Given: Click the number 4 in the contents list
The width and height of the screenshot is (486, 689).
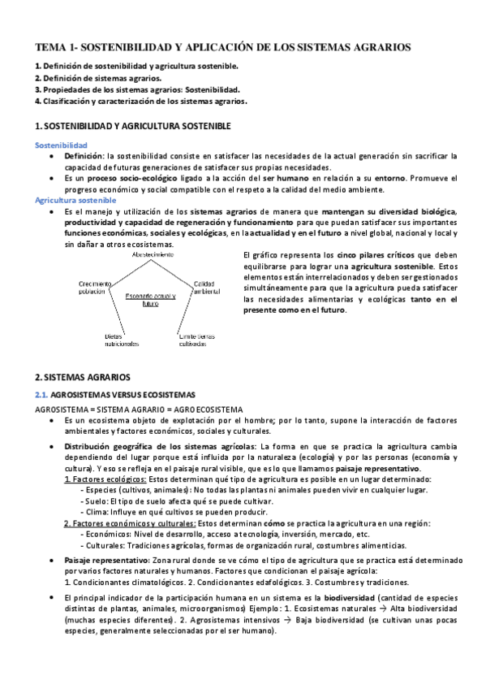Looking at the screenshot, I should (38, 102).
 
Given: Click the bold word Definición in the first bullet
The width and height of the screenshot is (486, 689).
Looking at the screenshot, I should (84, 155).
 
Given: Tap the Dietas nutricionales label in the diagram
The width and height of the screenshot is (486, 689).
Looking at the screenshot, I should (122, 340).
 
